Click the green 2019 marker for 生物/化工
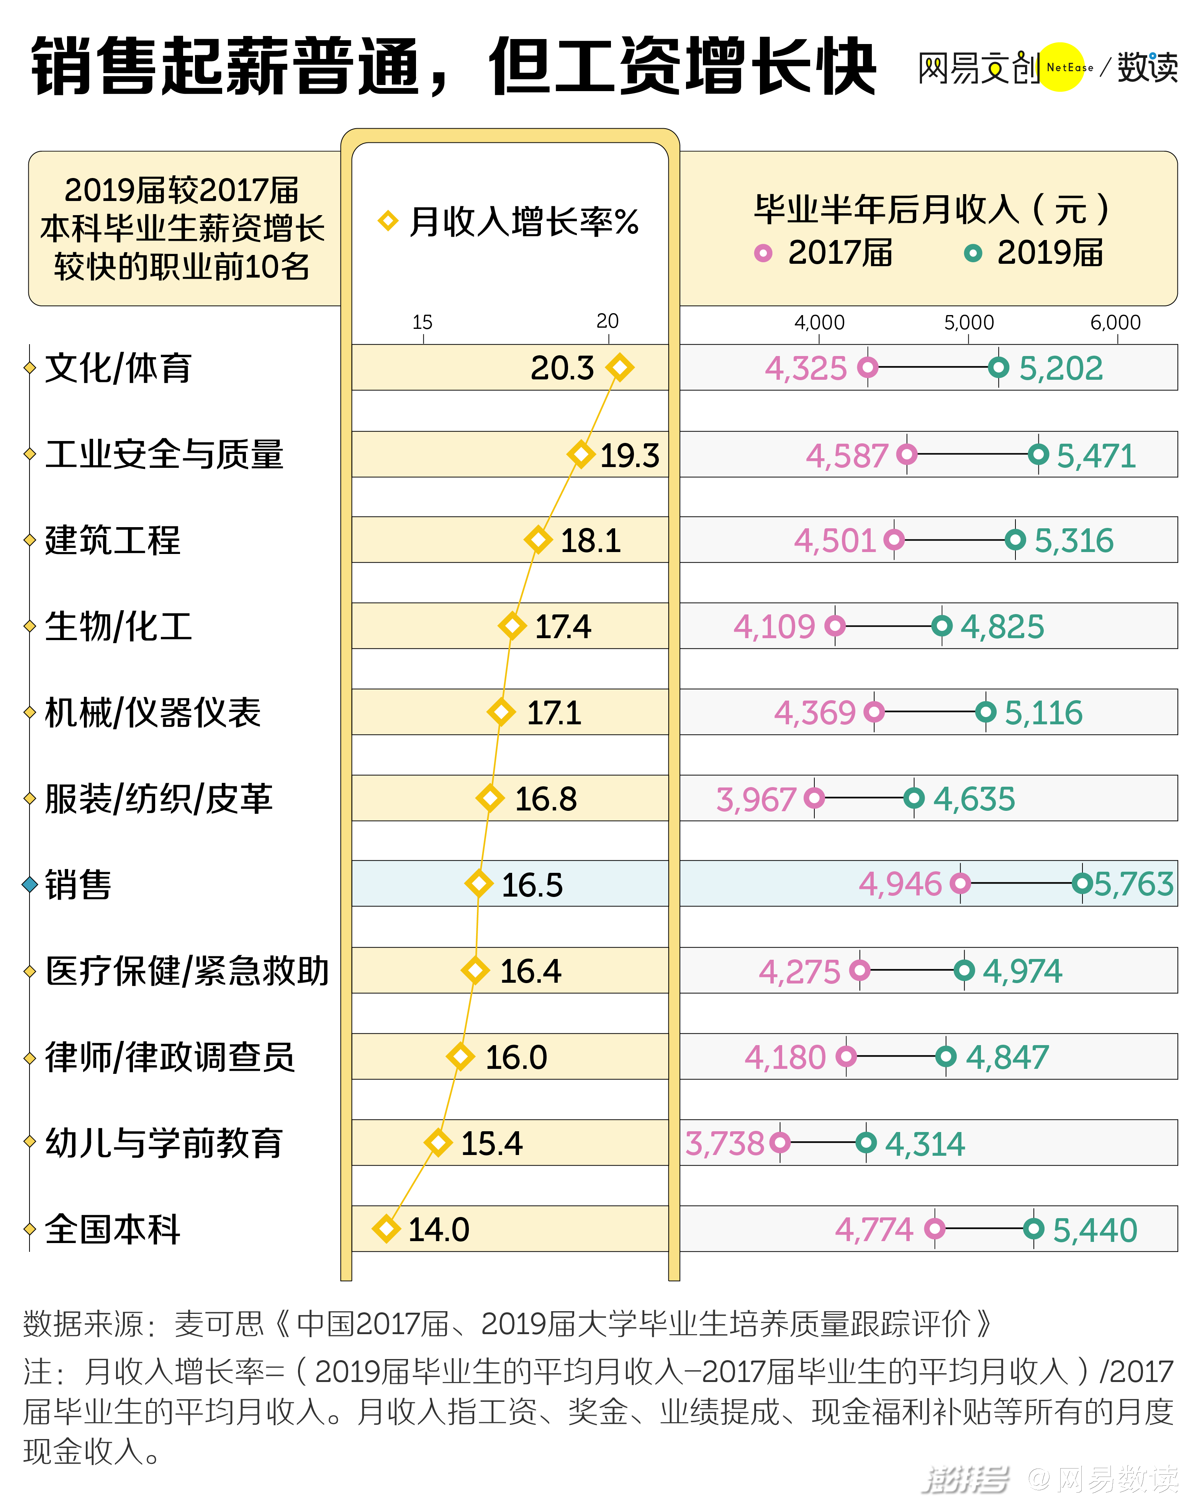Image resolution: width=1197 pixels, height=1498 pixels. click(942, 626)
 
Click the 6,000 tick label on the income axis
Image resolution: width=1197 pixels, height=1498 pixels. click(1115, 322)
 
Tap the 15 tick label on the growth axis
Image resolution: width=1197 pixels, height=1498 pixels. click(422, 322)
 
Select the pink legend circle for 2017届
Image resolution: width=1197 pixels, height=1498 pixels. click(763, 253)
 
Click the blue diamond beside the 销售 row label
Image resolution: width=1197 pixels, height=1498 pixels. click(29, 884)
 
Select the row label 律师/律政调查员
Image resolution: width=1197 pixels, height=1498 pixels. click(170, 1057)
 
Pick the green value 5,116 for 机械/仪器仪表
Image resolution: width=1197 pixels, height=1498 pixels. click(1043, 712)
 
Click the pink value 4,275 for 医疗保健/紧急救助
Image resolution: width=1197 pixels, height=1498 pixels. click(799, 970)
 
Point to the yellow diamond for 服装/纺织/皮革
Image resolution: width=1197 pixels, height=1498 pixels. click(490, 798)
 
